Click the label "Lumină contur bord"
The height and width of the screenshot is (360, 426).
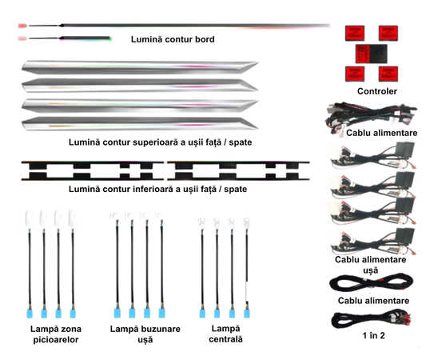173,39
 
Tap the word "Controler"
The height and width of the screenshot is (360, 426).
376,91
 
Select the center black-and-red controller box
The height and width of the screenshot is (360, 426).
372,54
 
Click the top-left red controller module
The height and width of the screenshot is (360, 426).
355,33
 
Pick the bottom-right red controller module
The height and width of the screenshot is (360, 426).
388,74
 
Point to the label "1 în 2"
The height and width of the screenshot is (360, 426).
373,335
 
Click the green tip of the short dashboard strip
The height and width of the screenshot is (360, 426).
110,38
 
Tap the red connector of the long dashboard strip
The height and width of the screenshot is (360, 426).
22,26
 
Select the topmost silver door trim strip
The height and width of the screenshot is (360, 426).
140,67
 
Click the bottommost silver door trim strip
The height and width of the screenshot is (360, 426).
140,124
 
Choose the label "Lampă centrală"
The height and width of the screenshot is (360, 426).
225,334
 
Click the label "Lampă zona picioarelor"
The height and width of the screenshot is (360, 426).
56,334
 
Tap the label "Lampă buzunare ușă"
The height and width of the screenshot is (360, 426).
145,334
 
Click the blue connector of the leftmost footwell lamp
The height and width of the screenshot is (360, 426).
30,314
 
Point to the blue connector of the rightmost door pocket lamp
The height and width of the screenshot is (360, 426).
161,314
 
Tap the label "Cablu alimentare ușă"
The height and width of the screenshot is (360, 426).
371,265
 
